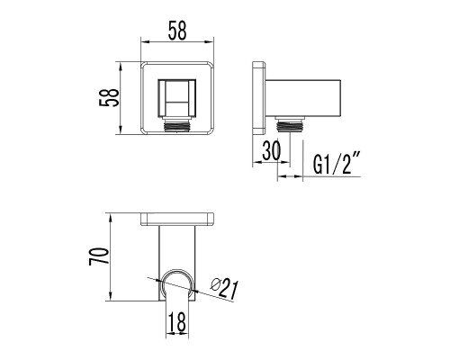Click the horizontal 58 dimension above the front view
[177, 31]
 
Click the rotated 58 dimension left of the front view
[109, 97]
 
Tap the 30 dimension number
[272, 150]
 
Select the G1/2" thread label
[337, 164]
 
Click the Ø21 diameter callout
[224, 288]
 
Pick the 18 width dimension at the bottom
[177, 321]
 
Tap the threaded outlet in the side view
[290, 124]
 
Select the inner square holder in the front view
[177, 98]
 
